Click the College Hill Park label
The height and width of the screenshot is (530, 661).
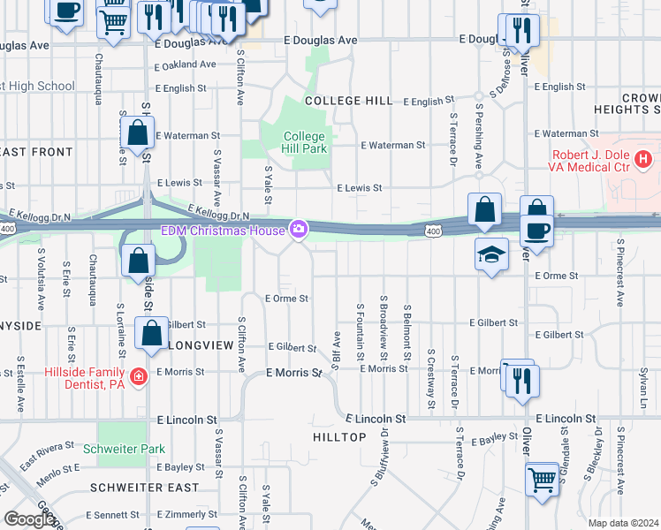coord(305,142)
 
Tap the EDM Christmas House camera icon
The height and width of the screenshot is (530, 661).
coord(299,231)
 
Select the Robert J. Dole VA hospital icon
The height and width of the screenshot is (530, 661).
coord(643,160)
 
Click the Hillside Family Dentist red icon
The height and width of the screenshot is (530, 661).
coord(138,378)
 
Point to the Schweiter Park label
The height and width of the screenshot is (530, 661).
coord(124,449)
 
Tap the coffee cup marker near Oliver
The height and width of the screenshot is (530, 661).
coord(537,231)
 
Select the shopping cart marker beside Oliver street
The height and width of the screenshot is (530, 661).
coord(543,481)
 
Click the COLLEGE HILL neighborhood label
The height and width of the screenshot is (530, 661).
coord(348,101)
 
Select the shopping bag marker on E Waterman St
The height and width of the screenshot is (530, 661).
coord(138,134)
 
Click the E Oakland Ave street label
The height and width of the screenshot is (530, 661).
coord(186,64)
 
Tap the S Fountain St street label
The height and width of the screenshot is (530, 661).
coord(361,331)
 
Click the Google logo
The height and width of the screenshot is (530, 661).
coord(29,519)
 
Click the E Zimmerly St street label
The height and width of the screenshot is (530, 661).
coord(188,514)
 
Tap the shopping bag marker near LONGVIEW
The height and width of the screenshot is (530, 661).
coord(151,334)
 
